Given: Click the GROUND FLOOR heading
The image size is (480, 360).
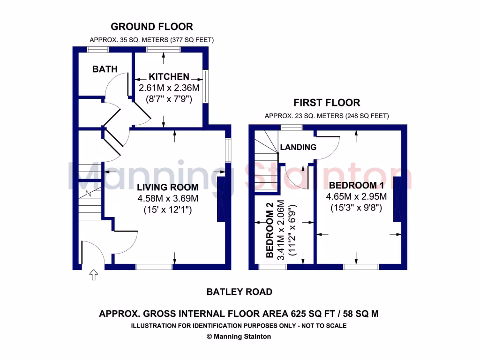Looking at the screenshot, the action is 152,27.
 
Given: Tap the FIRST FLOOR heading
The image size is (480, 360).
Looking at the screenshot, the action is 327,103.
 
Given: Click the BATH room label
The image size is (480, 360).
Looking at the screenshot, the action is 105,69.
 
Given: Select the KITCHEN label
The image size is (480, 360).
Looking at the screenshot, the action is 169,76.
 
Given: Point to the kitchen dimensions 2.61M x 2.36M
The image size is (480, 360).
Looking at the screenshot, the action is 169,88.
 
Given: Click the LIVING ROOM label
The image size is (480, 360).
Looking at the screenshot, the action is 167,187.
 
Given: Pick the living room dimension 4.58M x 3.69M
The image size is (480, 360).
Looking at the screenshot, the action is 168,198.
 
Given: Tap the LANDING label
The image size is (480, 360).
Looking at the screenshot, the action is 298,147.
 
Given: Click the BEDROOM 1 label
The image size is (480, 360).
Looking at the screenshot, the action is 356,185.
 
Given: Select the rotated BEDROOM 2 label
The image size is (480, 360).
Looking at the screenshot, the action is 270,230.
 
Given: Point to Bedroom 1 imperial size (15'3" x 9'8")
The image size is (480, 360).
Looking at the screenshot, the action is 356,208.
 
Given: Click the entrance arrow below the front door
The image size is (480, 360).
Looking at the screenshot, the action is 94,275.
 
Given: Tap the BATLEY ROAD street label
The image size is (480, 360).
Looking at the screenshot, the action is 240,292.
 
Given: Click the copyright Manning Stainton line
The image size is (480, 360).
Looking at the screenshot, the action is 239,337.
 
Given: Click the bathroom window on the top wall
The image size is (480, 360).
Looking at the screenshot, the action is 98,50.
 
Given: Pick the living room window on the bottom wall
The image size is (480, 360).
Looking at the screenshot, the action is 154,267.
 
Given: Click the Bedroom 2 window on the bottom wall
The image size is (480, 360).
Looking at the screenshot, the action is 272,267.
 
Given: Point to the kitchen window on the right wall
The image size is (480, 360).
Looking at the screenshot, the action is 206,86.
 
